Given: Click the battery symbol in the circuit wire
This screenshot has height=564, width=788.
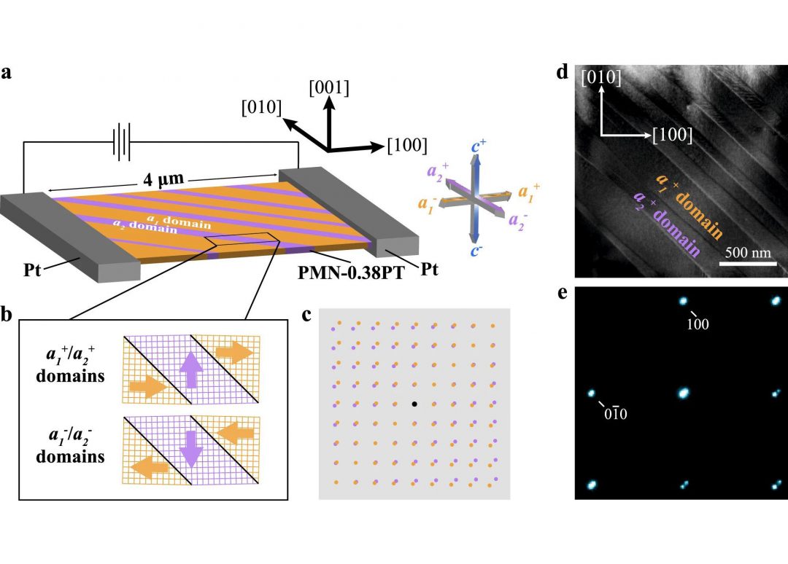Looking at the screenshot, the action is (x=121, y=142).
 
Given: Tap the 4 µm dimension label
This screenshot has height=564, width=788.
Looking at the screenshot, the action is (x=163, y=179).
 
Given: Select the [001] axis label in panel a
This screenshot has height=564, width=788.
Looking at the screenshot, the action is (x=329, y=88).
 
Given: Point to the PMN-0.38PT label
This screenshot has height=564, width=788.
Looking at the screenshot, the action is (x=351, y=273).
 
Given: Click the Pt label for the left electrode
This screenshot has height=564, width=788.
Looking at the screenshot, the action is (x=31, y=270).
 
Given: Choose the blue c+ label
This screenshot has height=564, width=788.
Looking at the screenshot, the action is (x=479, y=146).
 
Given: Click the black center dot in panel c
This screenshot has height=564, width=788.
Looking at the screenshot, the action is (x=414, y=404).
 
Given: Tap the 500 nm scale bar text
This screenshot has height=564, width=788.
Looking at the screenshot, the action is (x=749, y=252).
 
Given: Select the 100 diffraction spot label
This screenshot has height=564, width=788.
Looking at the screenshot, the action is (x=698, y=324).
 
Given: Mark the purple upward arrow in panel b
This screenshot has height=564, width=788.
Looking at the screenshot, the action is (x=191, y=369).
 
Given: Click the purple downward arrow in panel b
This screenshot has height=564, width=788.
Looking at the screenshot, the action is (x=191, y=449).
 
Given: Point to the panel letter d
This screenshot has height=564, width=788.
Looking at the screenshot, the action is (x=563, y=72).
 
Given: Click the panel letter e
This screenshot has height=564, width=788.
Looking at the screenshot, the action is (x=563, y=292).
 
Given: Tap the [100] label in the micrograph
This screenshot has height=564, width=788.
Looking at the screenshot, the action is (x=673, y=135).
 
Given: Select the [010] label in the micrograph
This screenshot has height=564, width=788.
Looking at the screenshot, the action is (x=601, y=78).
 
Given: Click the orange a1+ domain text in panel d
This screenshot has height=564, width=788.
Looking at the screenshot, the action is (x=689, y=205).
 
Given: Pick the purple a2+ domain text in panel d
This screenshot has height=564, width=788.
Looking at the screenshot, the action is (x=668, y=224).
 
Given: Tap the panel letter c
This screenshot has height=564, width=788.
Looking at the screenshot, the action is (x=306, y=315).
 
